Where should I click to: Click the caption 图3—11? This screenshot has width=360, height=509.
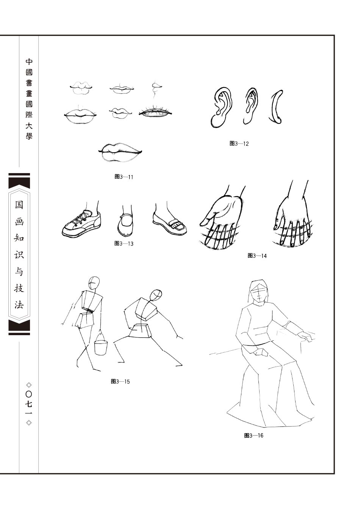tap(124, 177)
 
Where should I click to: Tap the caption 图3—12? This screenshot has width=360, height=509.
tap(239, 144)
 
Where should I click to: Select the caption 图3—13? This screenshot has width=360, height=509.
tap(124, 244)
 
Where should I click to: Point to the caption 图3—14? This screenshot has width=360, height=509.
tap(257, 256)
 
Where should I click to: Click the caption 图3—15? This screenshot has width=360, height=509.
tap(120, 381)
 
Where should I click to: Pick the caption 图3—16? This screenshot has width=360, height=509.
tap(254, 436)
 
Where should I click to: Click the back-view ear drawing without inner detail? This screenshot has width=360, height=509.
tap(276, 107)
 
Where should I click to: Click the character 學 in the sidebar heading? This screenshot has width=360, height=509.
tap(29, 136)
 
